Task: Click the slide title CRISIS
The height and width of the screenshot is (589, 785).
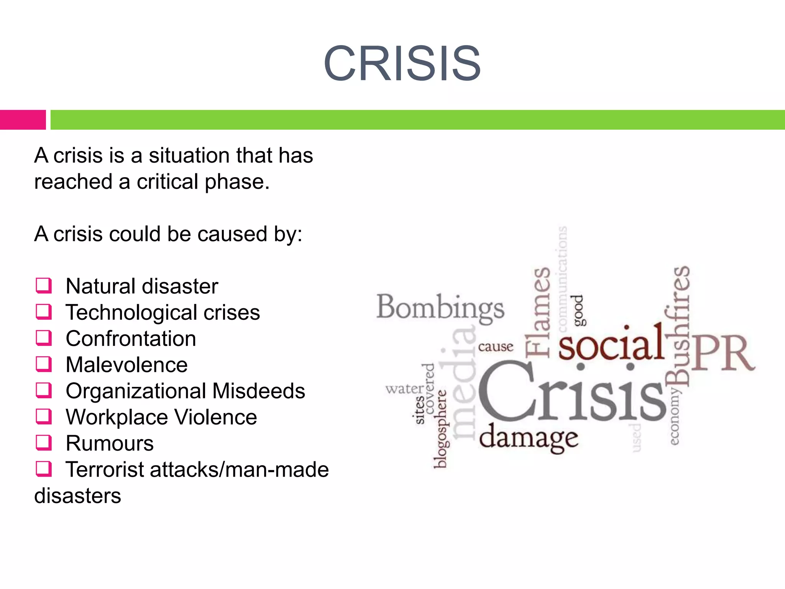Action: [402, 64]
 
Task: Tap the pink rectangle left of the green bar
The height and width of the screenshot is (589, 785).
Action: [23, 120]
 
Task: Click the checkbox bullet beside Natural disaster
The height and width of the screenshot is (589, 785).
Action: [44, 286]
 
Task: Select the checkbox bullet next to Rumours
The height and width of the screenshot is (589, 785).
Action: [44, 443]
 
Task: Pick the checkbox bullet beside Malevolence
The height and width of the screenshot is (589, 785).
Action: [44, 364]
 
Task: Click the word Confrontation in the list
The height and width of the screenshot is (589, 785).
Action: [131, 339]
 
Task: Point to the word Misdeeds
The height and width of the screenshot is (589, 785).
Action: [259, 391]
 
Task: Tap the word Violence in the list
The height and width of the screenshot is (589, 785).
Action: [215, 417]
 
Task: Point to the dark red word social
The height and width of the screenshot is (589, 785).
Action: [611, 344]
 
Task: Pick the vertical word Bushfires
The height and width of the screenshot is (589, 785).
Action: [678, 326]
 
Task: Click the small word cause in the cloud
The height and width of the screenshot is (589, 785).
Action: [496, 347]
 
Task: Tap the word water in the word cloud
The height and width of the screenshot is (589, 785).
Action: [405, 389]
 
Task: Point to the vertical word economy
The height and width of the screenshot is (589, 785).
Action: [675, 416]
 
